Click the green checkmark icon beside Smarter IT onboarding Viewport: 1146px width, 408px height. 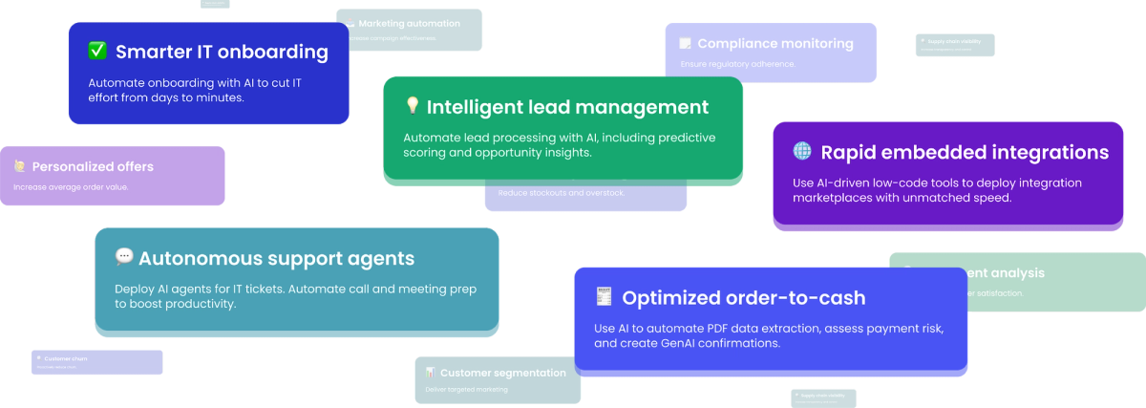point(97,51)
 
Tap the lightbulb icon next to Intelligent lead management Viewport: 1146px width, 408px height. point(413,106)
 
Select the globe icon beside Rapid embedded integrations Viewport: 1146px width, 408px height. point(802,151)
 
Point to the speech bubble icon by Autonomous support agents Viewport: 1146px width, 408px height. point(124,256)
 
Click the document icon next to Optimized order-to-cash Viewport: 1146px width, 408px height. point(604,297)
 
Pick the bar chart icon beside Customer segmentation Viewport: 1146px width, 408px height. point(431,372)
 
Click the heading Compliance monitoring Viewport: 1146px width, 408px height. point(775,43)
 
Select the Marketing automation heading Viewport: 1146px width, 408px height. point(409,23)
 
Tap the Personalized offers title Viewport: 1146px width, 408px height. point(93,166)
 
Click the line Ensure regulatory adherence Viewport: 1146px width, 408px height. point(737,64)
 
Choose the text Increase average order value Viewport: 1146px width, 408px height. point(71,186)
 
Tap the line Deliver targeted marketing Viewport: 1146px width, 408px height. point(466,389)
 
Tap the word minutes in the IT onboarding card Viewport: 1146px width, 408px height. point(220,97)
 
